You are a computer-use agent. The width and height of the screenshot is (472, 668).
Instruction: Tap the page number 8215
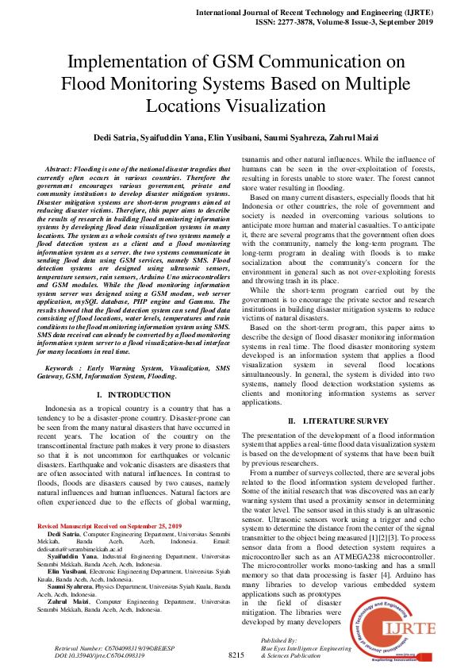click(236, 655)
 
